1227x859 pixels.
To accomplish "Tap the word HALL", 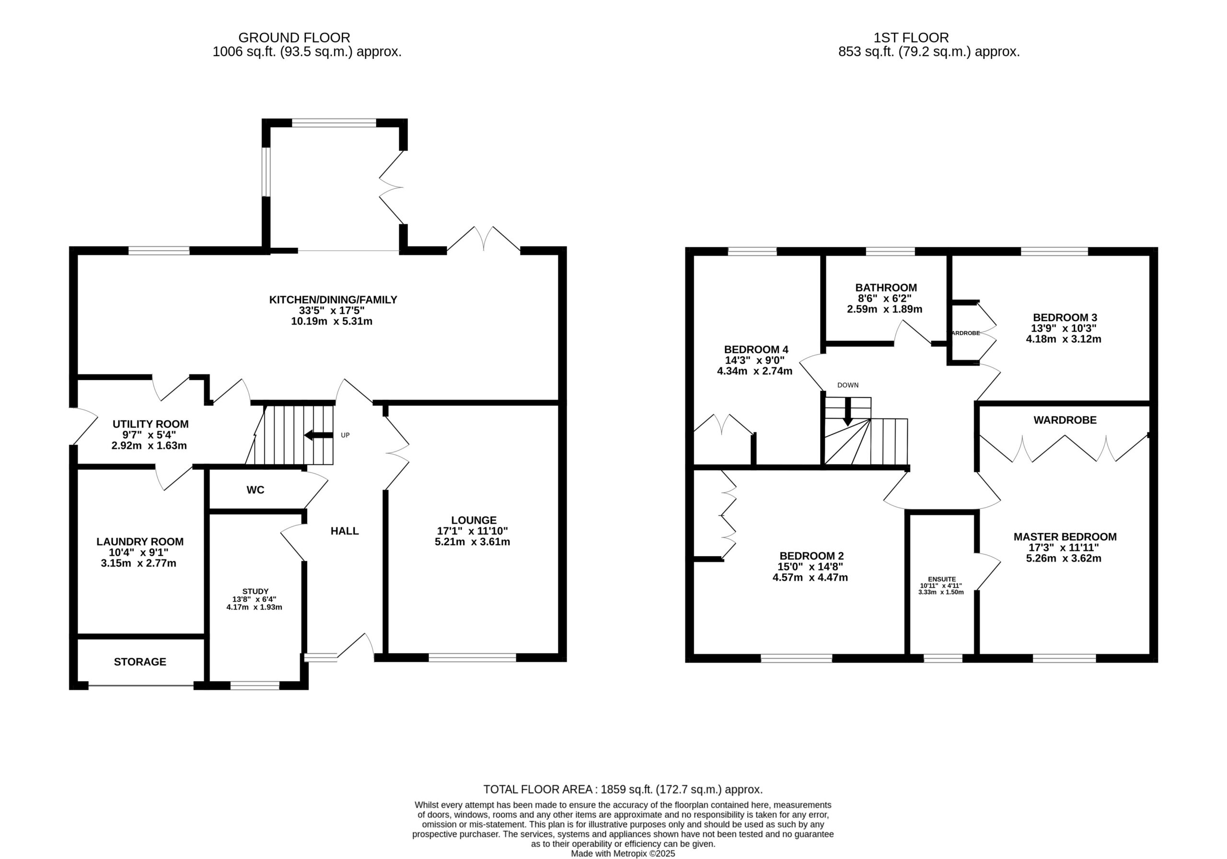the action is (345, 531).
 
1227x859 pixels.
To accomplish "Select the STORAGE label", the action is (140, 662).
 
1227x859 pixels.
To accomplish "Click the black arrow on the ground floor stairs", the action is (319, 435).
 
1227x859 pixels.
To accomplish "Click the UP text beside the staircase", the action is (345, 435).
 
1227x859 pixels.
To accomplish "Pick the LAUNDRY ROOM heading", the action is (140, 542).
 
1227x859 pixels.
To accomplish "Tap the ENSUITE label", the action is (942, 579).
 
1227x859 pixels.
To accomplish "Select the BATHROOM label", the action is (886, 288).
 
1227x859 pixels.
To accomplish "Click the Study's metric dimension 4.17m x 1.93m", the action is (255, 607).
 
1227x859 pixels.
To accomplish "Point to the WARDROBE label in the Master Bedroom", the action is (1065, 420).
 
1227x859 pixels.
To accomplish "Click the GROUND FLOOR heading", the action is (294, 38).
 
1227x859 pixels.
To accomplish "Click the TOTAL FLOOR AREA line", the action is (623, 789).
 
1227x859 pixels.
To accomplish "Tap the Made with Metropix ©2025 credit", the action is (623, 854).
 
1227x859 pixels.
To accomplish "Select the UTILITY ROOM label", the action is (150, 424).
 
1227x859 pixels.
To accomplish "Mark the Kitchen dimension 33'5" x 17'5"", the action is (332, 311).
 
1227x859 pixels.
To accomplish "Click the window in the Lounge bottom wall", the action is (473, 658).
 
